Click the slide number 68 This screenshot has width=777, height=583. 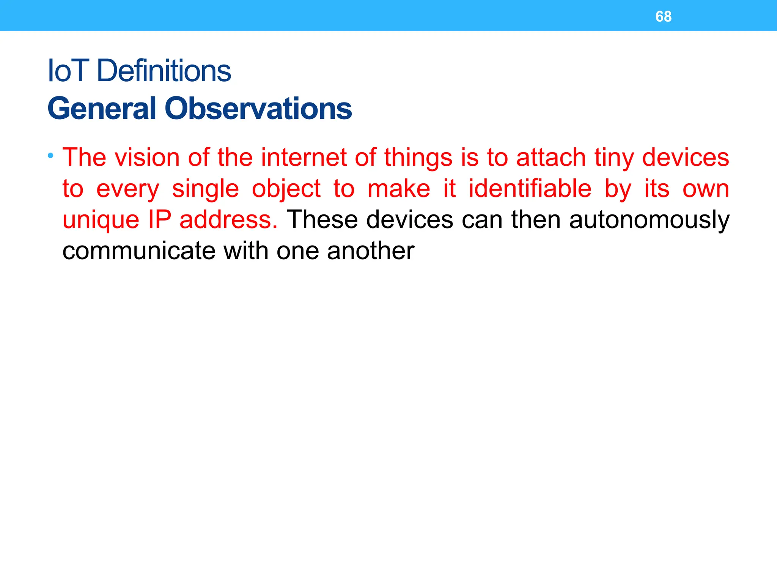coord(663,17)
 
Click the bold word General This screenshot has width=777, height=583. coord(102,109)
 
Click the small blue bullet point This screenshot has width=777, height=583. coord(51,155)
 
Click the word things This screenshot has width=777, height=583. coord(418,158)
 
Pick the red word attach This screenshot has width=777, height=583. coord(551,158)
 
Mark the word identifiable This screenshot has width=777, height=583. coord(530,189)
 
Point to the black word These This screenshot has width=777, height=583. coord(322,220)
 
